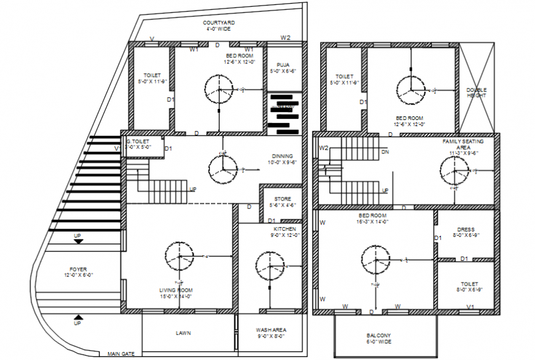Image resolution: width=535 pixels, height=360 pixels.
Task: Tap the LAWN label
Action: pos(183,333)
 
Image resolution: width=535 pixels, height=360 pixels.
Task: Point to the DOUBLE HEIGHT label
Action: pos(477,92)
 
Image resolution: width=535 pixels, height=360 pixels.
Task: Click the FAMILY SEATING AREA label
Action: pos(463,145)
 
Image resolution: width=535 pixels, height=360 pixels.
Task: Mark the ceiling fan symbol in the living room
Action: pos(179,255)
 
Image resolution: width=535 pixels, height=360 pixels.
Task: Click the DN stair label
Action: pos(385,151)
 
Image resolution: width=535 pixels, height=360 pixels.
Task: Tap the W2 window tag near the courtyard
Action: pos(285,38)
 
